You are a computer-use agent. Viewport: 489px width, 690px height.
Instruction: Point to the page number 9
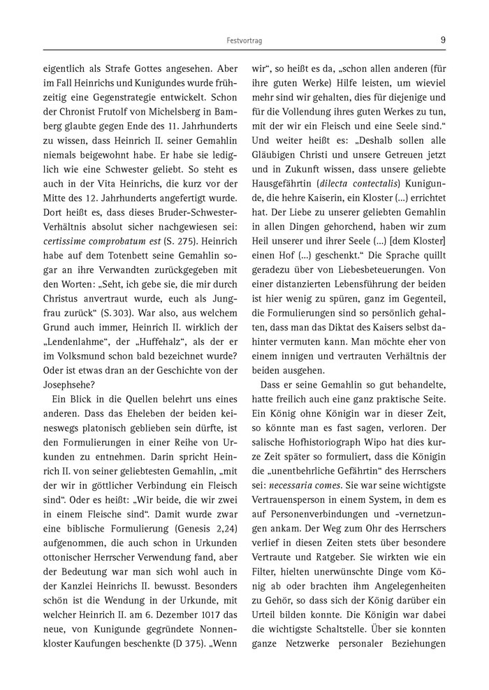[x=443, y=40]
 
